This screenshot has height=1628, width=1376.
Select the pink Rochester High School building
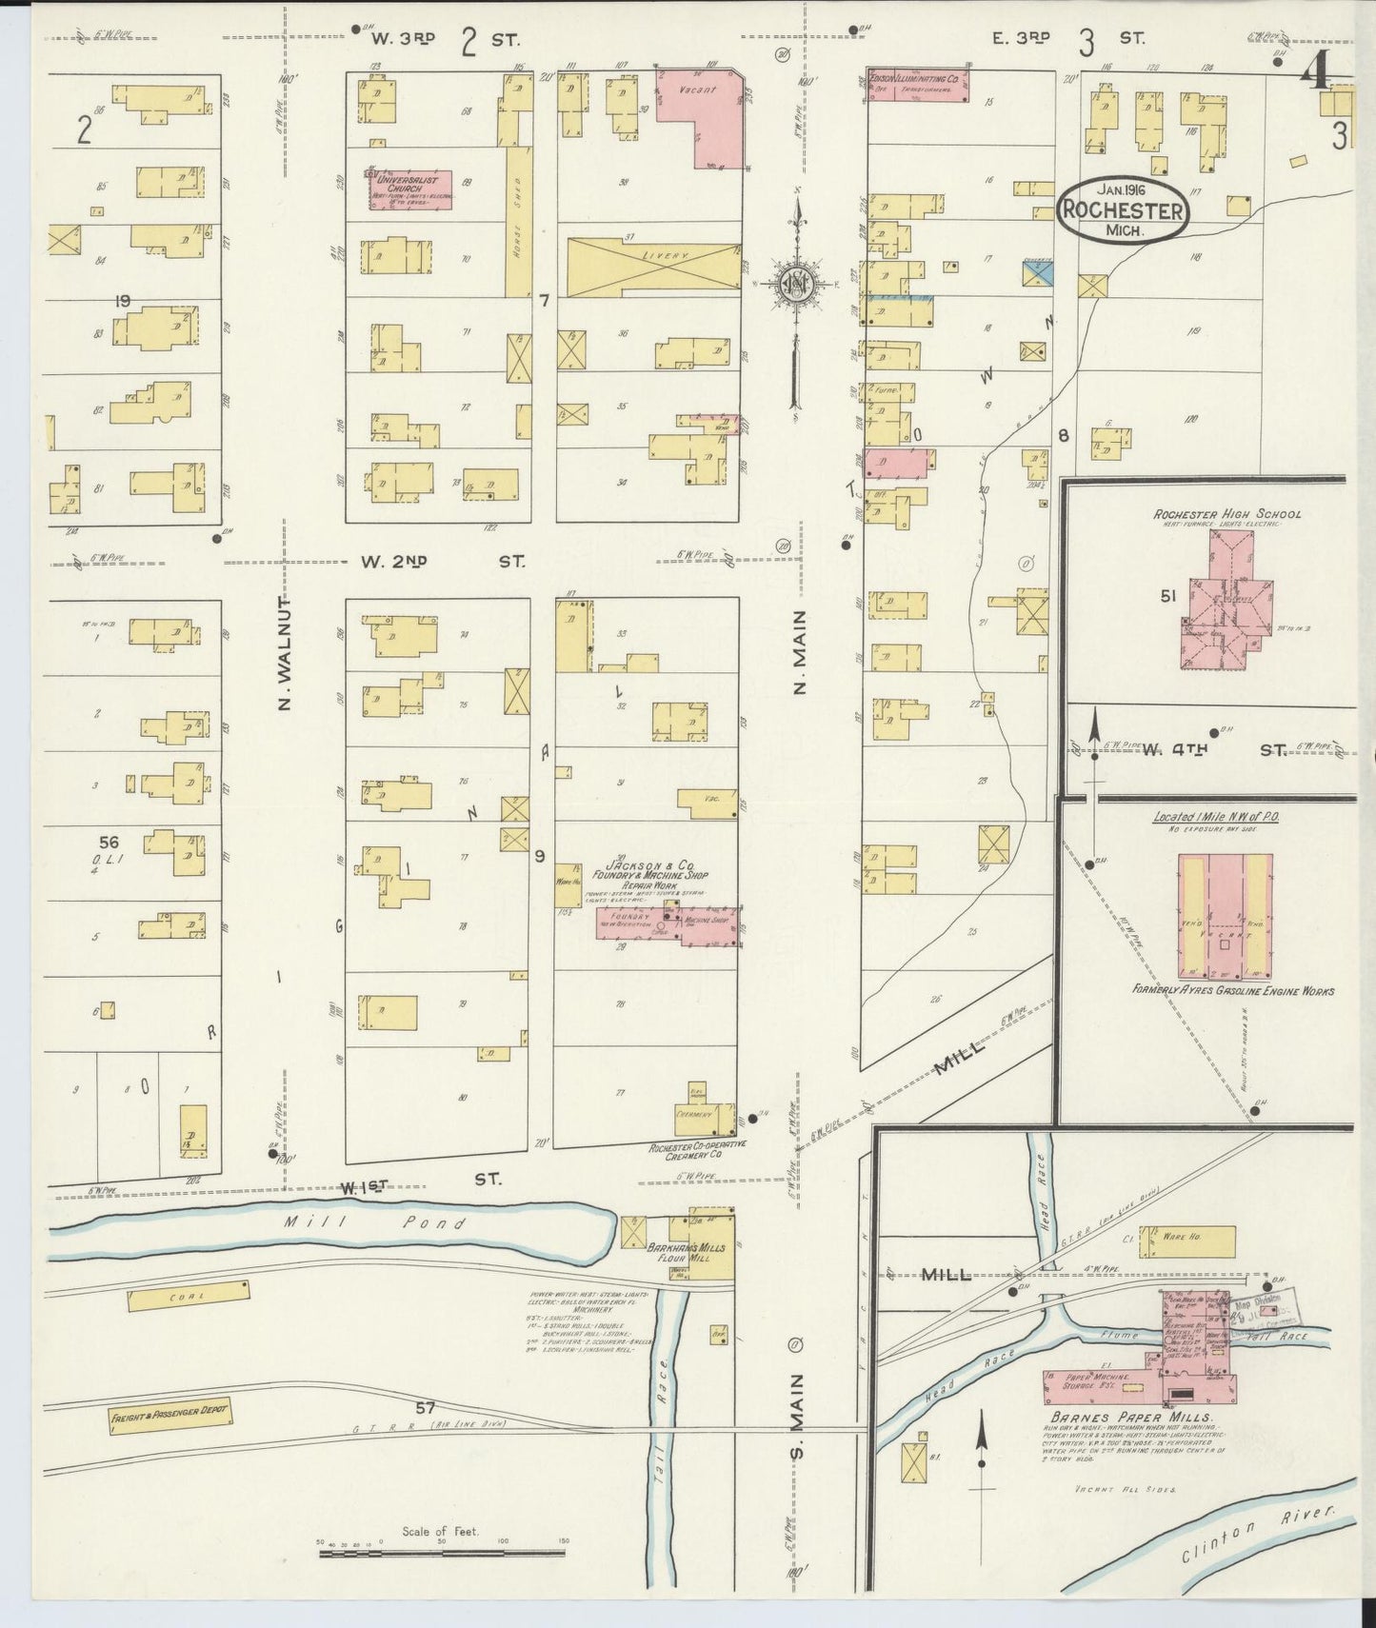(1224, 609)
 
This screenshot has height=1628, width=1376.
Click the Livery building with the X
(651, 266)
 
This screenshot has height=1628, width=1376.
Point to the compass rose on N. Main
(795, 284)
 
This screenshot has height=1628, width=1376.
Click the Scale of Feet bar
(446, 1553)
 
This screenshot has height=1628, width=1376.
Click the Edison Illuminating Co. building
(918, 85)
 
